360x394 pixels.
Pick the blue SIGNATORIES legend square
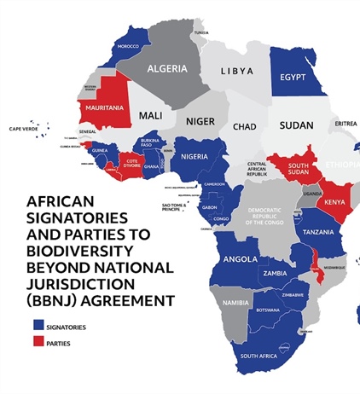(x=38, y=325)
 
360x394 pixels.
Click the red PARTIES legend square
(x=38, y=344)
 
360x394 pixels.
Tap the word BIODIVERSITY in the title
(x=81, y=252)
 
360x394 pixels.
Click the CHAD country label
(x=244, y=126)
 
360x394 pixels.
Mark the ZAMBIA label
(x=275, y=273)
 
